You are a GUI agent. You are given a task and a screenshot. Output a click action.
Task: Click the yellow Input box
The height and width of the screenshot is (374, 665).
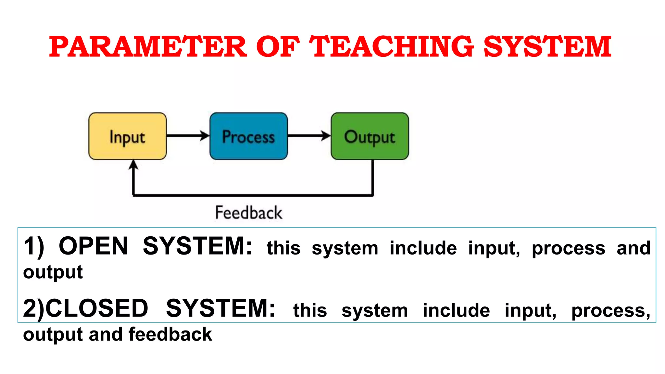(x=127, y=136)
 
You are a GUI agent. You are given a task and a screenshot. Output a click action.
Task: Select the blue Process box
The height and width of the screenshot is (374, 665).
(x=248, y=136)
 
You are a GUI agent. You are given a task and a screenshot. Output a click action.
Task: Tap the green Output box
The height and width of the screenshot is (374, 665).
(x=370, y=136)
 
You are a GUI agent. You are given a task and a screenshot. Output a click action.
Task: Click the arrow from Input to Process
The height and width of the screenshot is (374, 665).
(x=188, y=135)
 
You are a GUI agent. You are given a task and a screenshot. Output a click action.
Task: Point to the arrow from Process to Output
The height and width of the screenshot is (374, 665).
(x=309, y=135)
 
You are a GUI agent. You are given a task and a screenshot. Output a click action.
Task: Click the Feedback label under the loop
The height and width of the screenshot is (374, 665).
(x=249, y=213)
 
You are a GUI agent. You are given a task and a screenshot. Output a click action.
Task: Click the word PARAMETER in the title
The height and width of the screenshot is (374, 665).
(x=148, y=47)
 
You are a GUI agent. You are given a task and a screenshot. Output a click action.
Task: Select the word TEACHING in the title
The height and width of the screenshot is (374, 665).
(x=391, y=47)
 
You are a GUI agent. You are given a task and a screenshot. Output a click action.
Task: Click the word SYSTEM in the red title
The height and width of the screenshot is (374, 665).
(x=547, y=47)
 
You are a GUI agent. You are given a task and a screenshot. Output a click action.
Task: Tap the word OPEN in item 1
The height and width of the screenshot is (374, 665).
(x=94, y=246)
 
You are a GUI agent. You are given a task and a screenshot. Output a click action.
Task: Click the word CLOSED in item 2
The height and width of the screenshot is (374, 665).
(x=97, y=308)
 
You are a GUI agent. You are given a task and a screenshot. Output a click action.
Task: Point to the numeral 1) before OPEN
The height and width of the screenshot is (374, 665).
(x=34, y=247)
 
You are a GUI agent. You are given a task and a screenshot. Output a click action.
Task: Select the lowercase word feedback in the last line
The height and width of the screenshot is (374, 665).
(x=170, y=334)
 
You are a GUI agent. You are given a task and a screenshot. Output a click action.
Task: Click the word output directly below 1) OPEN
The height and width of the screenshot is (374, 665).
(x=53, y=272)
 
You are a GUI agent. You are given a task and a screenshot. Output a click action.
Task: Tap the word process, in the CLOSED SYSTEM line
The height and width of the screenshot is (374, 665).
(x=611, y=311)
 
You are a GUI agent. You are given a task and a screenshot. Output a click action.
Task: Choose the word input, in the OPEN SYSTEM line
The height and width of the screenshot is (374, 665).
(x=494, y=249)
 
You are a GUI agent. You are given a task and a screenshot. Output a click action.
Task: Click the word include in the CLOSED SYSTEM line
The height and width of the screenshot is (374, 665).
(x=456, y=310)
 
